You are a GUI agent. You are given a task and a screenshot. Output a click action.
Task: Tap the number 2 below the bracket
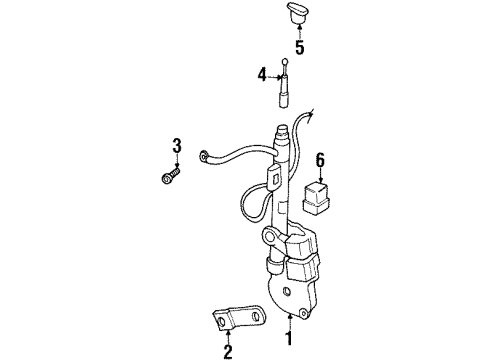228,351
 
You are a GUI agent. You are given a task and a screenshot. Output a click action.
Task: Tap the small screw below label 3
169,178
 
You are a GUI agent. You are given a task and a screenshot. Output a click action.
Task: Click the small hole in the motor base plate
287,294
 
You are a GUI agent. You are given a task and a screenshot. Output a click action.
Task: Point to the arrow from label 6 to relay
320,174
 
